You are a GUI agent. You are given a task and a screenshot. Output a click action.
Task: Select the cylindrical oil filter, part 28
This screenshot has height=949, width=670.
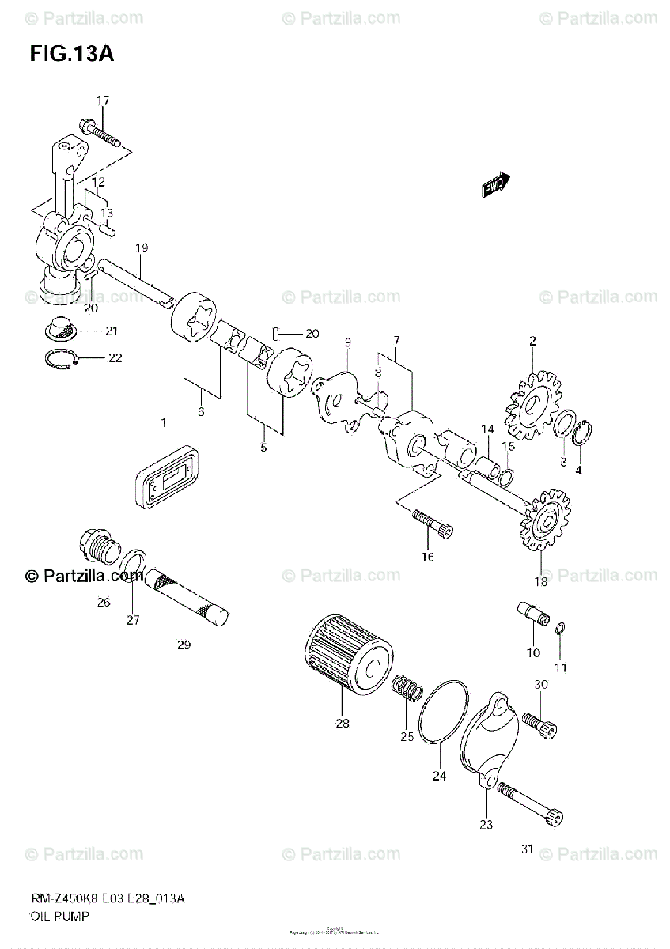point(348,656)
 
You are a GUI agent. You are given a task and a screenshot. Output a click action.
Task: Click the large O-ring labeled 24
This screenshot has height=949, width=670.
point(442,711)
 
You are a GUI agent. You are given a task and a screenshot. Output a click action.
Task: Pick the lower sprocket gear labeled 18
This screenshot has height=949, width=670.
point(544,523)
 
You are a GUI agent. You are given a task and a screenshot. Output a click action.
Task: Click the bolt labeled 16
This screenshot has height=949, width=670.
point(432,523)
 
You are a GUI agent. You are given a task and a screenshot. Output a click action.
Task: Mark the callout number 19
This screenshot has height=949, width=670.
point(142,248)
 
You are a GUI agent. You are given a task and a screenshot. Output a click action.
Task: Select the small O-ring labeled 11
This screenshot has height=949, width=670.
point(560,629)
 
